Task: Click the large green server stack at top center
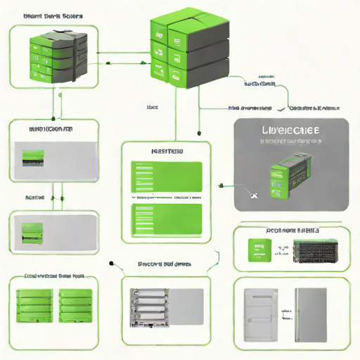tap(188, 49)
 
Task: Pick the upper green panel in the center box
tap(167, 176)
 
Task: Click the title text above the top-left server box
tap(53, 15)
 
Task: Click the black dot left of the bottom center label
tap(112, 264)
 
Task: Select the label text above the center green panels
tap(167, 151)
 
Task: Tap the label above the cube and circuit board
tap(292, 230)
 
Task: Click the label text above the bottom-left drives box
tap(55, 276)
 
